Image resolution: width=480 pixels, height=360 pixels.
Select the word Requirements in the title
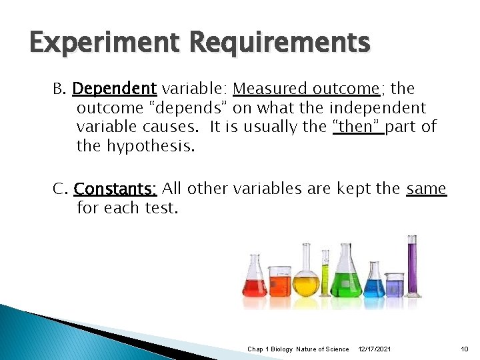(x=279, y=43)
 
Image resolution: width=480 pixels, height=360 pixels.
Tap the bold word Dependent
(x=114, y=89)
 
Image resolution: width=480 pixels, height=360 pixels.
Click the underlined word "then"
(x=357, y=127)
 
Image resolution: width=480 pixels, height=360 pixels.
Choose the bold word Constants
(x=115, y=189)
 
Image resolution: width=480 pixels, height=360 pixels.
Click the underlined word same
(x=426, y=189)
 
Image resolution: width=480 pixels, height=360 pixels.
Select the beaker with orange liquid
(x=279, y=283)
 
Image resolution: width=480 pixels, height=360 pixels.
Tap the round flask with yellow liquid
(x=306, y=280)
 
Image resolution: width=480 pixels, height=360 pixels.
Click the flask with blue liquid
(x=373, y=283)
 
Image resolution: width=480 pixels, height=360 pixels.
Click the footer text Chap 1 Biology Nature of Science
(x=298, y=349)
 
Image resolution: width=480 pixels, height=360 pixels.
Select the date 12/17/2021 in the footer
(x=375, y=349)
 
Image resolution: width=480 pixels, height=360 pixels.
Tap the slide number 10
(x=465, y=349)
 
